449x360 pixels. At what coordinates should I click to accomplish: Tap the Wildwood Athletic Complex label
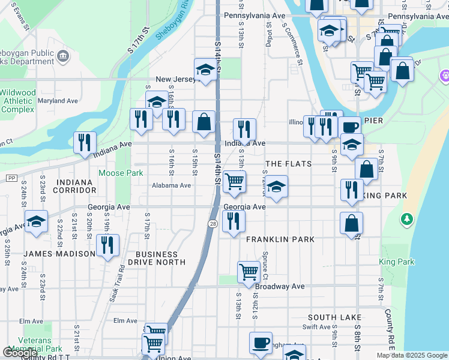click(17, 101)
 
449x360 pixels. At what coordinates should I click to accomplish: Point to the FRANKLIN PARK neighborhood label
click(280, 239)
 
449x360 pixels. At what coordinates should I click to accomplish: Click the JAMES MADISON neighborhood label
click(59, 254)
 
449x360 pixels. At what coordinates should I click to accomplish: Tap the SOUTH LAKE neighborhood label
click(334, 317)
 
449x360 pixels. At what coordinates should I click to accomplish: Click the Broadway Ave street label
click(280, 287)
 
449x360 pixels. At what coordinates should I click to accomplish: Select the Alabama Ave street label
click(171, 185)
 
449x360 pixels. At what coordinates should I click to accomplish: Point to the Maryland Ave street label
click(59, 101)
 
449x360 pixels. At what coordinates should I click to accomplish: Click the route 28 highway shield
click(213, 223)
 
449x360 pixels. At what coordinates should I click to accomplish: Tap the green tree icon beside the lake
click(407, 219)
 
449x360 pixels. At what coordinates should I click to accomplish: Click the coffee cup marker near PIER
click(349, 127)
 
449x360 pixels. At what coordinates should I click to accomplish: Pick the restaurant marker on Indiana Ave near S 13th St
click(244, 129)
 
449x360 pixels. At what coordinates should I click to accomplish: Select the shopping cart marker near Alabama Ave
click(234, 181)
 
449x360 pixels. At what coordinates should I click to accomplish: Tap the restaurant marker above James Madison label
click(108, 245)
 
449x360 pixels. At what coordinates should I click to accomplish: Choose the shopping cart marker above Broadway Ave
click(249, 272)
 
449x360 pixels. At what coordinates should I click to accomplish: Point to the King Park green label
click(397, 262)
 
